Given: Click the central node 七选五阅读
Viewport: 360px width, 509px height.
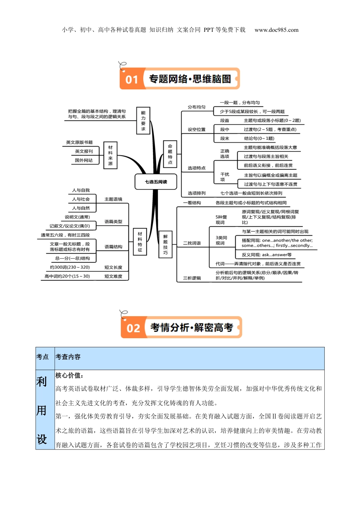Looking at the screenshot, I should [x=156, y=182].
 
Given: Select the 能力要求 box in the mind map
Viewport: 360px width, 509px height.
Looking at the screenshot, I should [x=143, y=121].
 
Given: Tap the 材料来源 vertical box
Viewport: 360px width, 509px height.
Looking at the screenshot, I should [x=110, y=155].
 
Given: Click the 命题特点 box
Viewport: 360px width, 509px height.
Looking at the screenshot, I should [x=170, y=154].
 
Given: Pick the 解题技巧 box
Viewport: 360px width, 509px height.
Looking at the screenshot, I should [x=165, y=245].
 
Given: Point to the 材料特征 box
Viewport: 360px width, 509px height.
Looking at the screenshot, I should [x=140, y=242].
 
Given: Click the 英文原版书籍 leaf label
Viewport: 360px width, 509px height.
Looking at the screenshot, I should [x=79, y=142].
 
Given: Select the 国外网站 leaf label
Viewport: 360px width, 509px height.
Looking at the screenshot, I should [x=84, y=160].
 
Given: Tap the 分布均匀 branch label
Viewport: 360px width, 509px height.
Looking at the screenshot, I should [x=196, y=107].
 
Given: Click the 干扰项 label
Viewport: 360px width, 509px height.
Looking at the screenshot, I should [x=225, y=177].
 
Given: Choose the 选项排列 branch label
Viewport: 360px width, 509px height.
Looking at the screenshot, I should [x=196, y=193].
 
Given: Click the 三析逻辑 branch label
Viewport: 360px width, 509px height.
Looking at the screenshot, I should [x=192, y=278].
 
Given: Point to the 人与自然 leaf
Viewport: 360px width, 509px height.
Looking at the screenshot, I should [x=81, y=208].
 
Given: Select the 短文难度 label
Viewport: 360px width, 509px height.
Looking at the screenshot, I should [x=113, y=276].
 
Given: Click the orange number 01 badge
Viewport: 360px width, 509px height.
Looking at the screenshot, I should [x=131, y=80].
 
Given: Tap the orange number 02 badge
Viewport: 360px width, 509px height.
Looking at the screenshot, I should [x=133, y=328].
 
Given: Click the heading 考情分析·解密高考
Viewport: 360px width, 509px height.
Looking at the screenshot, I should [x=192, y=328].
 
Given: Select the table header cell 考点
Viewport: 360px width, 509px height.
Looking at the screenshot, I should [x=42, y=357].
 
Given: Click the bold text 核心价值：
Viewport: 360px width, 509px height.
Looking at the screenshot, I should [x=69, y=375].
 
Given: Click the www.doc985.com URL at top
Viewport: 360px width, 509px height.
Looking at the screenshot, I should [x=276, y=30].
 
